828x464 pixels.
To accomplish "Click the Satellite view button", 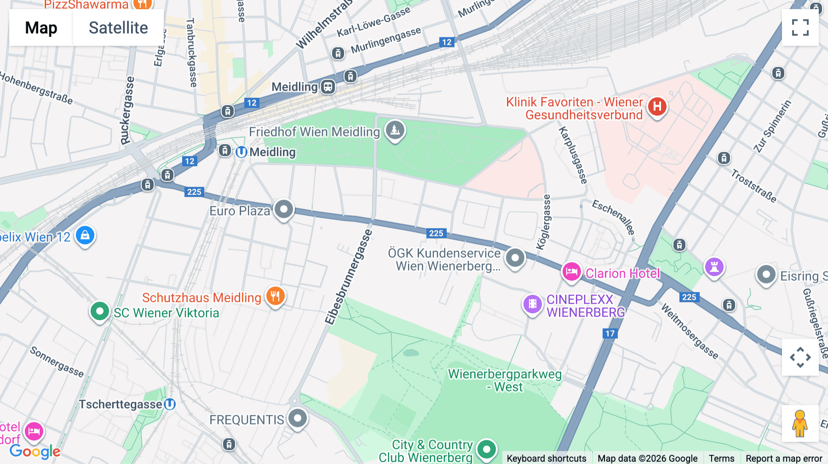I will point(118,28).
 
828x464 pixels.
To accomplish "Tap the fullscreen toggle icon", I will point(800,28).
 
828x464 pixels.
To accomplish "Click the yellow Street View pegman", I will point(800,424).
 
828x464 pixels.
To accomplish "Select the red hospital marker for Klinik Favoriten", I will point(657,107).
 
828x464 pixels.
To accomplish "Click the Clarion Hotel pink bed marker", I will point(571,272).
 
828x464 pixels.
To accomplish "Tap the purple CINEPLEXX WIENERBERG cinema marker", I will point(532,304).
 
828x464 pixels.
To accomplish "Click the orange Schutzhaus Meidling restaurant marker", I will point(275,296).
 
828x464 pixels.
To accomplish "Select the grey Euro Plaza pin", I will point(284,209).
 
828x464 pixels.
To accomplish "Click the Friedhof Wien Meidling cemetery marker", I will point(395,130).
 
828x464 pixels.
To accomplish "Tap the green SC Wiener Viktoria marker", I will point(99,311).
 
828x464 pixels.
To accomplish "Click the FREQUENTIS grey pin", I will point(298,419).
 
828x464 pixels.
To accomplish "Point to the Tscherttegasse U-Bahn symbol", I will point(170,404).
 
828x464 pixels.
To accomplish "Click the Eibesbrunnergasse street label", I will point(348,277).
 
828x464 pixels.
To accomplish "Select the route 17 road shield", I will point(610,334).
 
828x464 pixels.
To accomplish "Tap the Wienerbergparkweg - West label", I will point(505,380).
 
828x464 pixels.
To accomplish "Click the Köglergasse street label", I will point(544,222).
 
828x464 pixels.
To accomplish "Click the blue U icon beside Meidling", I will point(241,152).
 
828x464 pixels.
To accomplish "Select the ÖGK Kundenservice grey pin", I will point(515,258).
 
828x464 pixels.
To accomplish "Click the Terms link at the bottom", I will point(721,458).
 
